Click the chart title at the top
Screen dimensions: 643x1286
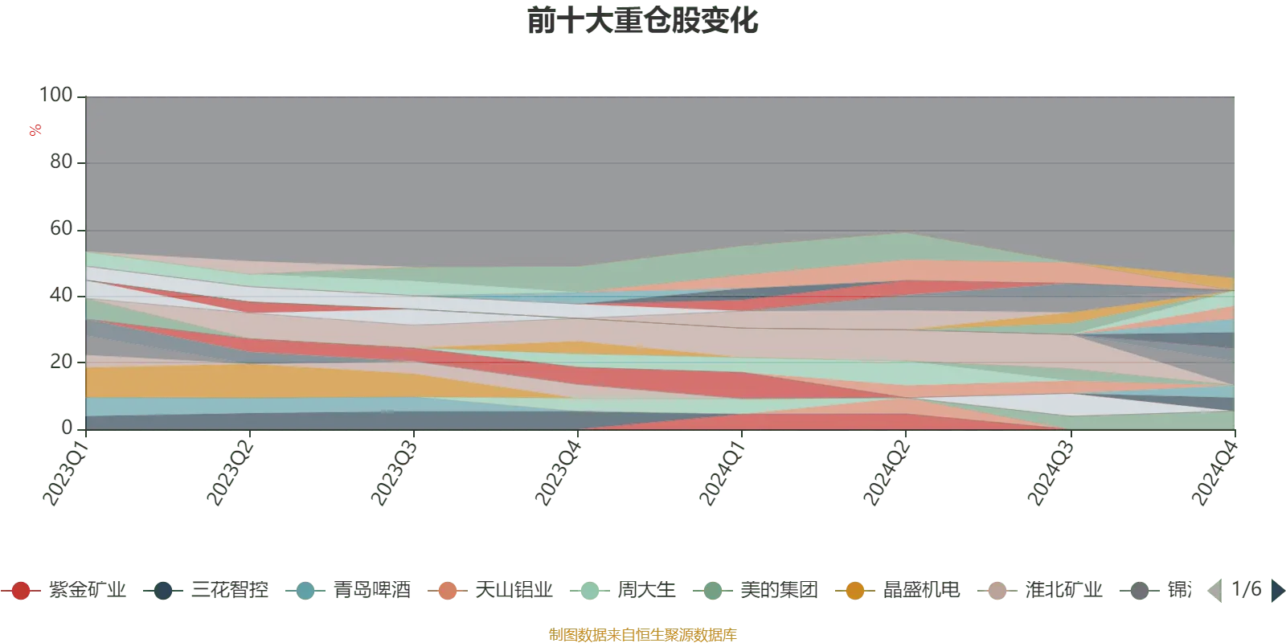tap(643, 22)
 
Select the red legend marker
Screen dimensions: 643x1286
tap(22, 591)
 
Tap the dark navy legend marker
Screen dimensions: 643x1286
tap(163, 591)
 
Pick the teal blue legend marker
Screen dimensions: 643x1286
tap(305, 591)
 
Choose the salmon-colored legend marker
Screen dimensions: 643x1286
tap(448, 591)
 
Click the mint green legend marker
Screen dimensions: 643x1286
tap(589, 591)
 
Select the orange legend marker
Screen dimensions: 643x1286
tap(855, 591)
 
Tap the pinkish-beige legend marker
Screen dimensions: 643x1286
tap(997, 591)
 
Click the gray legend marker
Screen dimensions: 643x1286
tap(1140, 591)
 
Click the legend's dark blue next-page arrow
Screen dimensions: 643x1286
tap(1277, 592)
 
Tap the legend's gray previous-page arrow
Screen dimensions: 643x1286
tap(1214, 592)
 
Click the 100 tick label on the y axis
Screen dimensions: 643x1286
tap(60, 94)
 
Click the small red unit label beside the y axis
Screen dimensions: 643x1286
tap(35, 130)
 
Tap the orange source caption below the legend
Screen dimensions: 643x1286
tap(642, 634)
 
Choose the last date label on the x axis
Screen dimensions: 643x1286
tap(1214, 470)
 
